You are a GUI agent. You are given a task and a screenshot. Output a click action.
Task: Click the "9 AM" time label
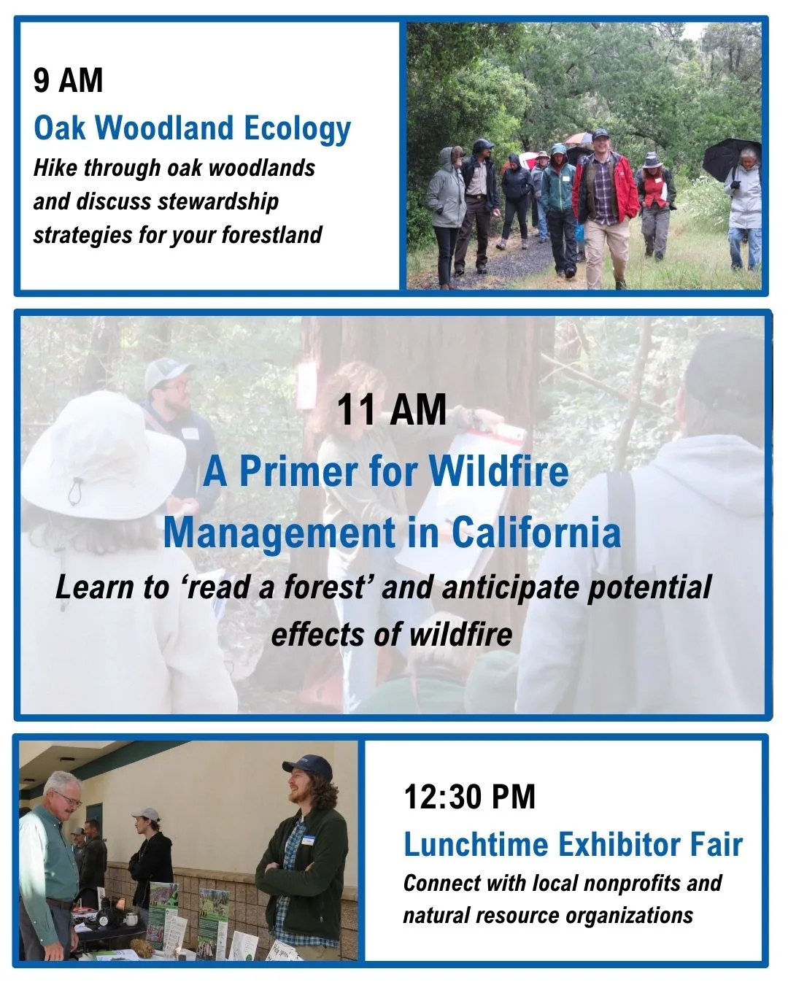68,80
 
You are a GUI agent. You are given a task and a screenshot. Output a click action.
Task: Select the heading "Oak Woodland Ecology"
193,128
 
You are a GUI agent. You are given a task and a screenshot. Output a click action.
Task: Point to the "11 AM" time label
391,410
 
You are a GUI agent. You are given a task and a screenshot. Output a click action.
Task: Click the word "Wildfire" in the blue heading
498,471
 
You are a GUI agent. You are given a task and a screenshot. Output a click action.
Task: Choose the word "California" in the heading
536,532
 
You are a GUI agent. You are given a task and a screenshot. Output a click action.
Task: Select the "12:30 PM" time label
469,797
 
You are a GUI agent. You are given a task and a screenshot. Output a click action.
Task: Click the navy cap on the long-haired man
308,766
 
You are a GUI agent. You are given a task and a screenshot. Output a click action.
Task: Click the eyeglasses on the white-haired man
67,801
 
